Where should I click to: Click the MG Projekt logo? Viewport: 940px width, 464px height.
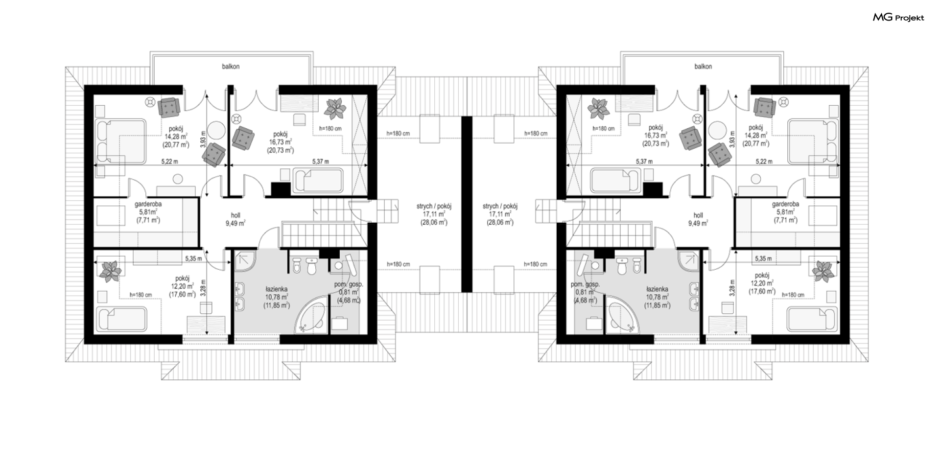pos(898,18)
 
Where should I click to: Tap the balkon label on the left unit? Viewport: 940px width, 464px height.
pos(231,67)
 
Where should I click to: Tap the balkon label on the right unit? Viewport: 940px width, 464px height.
pos(703,67)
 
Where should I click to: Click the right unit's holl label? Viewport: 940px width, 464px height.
pos(698,215)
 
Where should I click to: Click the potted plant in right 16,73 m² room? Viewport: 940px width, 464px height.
pos(598,109)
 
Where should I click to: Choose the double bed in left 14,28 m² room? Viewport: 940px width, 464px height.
pos(120,141)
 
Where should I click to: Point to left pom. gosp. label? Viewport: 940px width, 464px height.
pos(349,284)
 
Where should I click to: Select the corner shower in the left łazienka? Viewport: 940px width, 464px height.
pos(245,261)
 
